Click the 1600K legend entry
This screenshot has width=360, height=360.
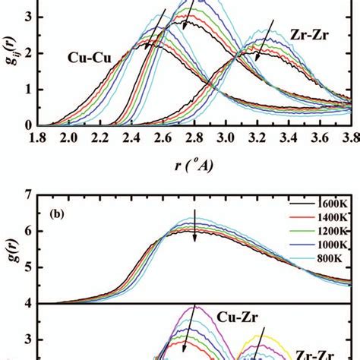pos(328,204)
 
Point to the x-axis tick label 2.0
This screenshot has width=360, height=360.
pos(70,137)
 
